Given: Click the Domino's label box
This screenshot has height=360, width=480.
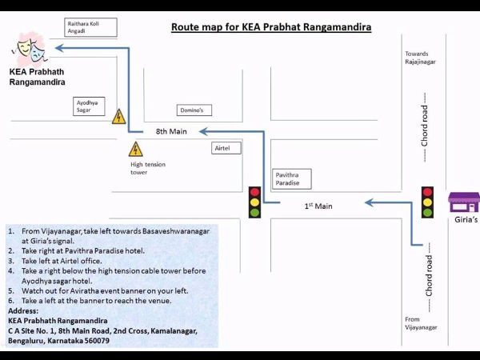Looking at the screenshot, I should [x=194, y=110].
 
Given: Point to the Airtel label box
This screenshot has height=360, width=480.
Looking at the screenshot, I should [x=226, y=148].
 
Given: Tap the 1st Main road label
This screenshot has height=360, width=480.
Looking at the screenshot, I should [x=318, y=206].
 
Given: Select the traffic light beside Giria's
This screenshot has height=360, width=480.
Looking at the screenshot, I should [x=427, y=202].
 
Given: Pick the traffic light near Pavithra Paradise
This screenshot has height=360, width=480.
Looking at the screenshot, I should [x=254, y=202].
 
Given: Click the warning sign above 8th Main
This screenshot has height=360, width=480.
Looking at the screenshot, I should [x=119, y=117].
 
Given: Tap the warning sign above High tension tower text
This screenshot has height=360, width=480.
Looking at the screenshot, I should [x=136, y=149].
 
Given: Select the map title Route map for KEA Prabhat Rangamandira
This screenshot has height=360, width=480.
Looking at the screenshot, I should [x=271, y=27].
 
